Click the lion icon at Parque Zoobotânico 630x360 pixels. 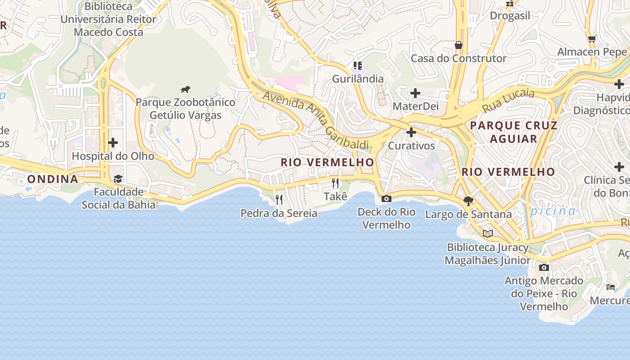[185, 89]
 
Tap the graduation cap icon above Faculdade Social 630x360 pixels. [118, 179]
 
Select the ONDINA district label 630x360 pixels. [53, 179]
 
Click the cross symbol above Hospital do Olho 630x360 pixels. [113, 143]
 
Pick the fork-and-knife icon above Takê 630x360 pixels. [335, 183]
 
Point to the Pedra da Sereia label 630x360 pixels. [279, 213]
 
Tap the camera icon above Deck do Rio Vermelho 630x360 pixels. [386, 198]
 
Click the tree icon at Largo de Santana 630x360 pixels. [468, 201]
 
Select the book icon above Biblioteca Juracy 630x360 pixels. [488, 234]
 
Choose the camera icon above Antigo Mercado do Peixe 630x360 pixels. [544, 267]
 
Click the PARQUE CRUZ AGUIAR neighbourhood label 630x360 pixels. [513, 132]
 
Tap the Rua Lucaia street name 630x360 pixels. [508, 101]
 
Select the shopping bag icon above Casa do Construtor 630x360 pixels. [459, 45]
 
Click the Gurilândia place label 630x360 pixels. [358, 79]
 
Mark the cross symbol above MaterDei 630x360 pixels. [415, 93]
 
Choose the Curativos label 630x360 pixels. [412, 146]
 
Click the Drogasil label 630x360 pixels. [510, 16]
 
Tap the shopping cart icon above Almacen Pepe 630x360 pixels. [592, 39]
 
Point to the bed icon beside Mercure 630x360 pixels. [611, 287]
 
